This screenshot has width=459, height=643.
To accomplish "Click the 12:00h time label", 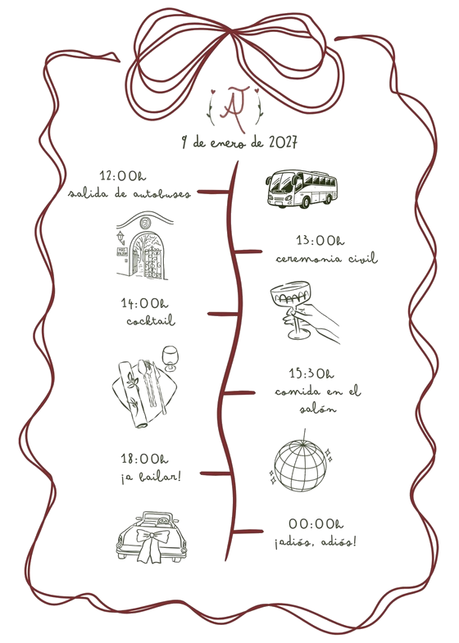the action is click(x=123, y=175).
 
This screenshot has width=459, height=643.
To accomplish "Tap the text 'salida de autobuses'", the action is click(x=130, y=193).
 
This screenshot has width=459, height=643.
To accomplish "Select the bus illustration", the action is click(x=302, y=188).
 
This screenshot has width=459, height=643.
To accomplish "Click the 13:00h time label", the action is click(x=320, y=240).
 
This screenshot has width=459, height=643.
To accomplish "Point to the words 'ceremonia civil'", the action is click(x=327, y=258).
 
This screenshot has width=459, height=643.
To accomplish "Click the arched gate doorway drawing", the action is click(x=144, y=246).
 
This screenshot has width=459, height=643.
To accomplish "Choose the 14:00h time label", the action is click(x=144, y=303).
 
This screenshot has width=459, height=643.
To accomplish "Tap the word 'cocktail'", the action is click(x=151, y=320).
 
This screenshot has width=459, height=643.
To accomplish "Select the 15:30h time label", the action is click(x=311, y=374).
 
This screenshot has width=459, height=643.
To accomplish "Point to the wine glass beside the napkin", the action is click(x=170, y=359).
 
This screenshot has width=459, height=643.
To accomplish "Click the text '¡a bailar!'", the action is click(x=151, y=477).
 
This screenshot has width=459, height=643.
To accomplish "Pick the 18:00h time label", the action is click(x=144, y=459).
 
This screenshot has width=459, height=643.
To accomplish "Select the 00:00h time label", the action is click(x=316, y=523).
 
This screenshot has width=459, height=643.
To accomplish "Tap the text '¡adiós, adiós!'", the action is click(x=316, y=542).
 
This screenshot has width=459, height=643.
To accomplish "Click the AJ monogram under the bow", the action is click(x=234, y=107).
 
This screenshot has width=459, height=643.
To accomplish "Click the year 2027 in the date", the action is click(x=283, y=143).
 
